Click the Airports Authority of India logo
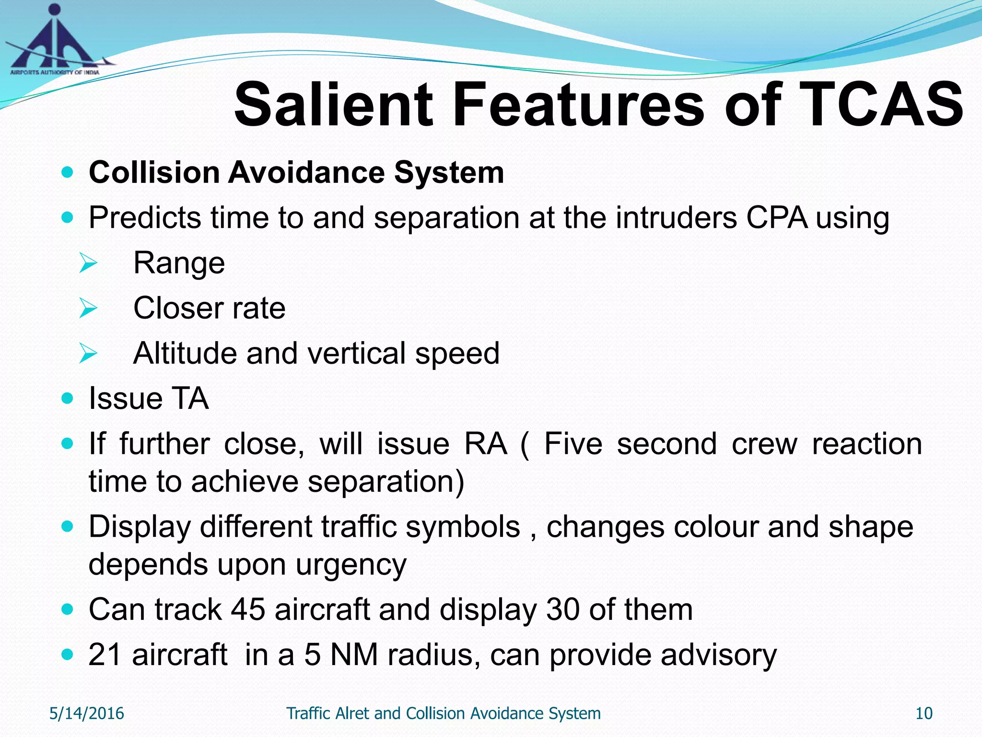click(55, 41)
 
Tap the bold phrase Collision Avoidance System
click(296, 172)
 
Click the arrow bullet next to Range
click(88, 263)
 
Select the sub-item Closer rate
click(209, 308)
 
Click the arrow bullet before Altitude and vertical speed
click(88, 354)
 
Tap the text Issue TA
click(149, 399)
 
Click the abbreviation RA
click(485, 444)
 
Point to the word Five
click(573, 444)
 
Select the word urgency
click(351, 564)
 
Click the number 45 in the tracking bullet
click(248, 610)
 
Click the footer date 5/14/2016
click(87, 713)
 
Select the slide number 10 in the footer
click(924, 713)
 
